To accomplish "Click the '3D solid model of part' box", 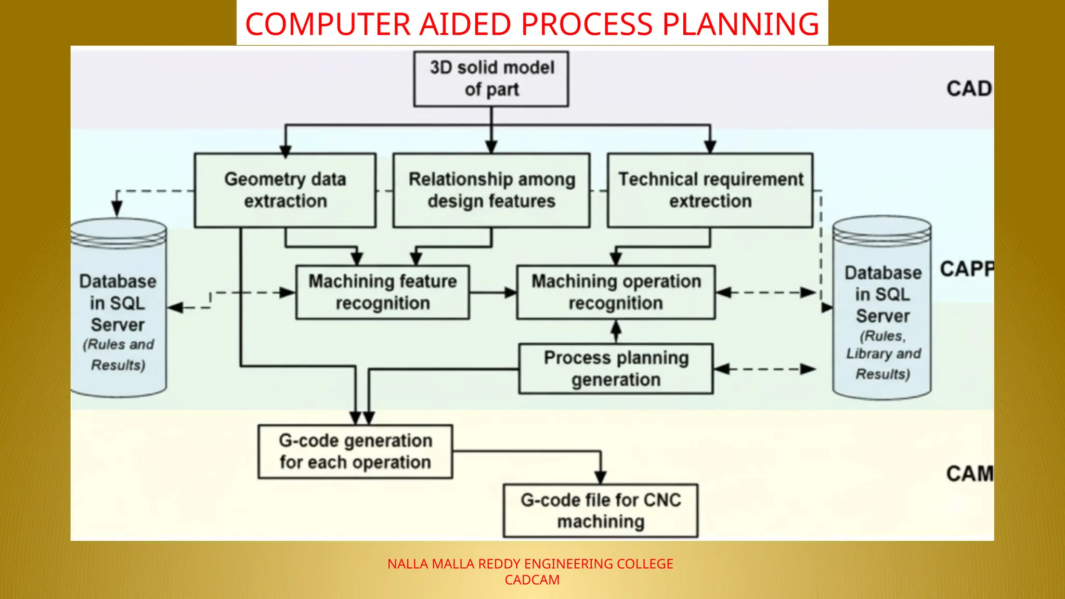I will (x=491, y=79).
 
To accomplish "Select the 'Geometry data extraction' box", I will (x=285, y=190).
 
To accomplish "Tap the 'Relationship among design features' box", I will (x=491, y=190).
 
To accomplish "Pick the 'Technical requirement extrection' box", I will (x=710, y=190).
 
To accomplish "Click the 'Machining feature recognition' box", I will (x=382, y=292).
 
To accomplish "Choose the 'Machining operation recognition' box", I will (x=616, y=292).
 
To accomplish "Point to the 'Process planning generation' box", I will (x=616, y=369).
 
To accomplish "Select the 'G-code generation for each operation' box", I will (x=355, y=451).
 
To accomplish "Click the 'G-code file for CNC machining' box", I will (x=601, y=511).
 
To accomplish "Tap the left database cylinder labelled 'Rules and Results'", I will (x=118, y=312).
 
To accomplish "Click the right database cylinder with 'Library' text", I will (x=882, y=312).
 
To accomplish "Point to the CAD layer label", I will (x=969, y=89).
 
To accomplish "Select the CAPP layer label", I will (x=967, y=269).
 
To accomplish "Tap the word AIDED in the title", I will (x=465, y=24).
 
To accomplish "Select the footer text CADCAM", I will (x=532, y=580).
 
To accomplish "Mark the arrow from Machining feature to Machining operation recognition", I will (x=492, y=293).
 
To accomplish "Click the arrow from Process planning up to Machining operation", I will (x=616, y=331).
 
